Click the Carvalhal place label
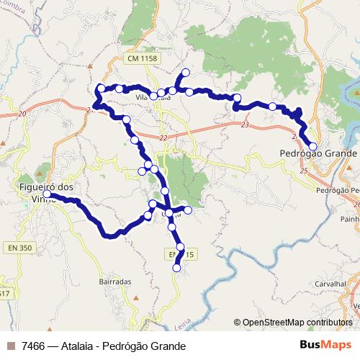coord(328,284)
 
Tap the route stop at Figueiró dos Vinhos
coord(47,194)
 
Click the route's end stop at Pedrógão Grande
coord(312,146)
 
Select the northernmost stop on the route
coord(186,72)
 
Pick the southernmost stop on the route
coord(176,269)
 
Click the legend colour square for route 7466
coord(10,346)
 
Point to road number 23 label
coord(246,125)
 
